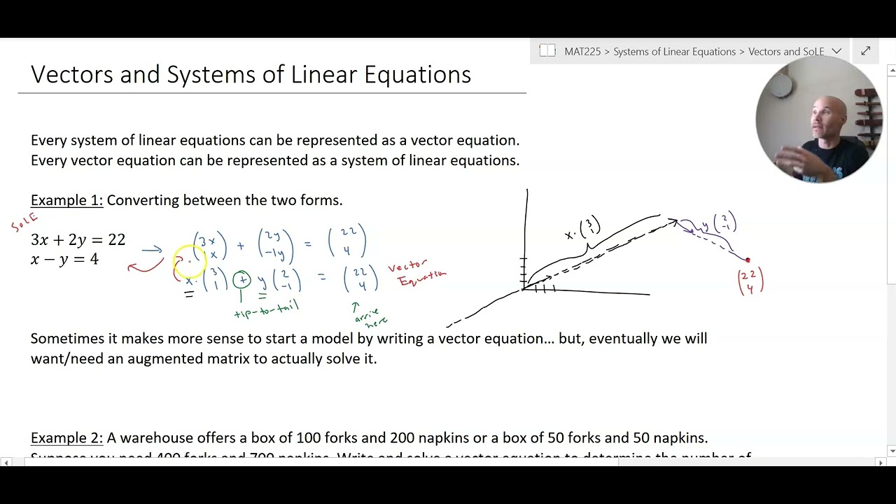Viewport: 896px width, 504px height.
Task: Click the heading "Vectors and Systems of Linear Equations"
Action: (251, 75)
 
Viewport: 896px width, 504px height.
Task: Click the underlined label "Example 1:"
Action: (66, 201)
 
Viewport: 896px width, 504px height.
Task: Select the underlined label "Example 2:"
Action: (66, 438)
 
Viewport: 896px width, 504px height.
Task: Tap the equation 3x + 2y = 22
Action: (78, 240)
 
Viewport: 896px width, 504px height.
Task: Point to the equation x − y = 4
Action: (64, 260)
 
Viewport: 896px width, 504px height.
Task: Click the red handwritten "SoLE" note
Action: (24, 222)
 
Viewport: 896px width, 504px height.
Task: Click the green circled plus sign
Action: (241, 280)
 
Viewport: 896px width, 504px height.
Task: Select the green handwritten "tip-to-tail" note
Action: (267, 309)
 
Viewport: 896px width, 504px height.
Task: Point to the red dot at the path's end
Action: (748, 260)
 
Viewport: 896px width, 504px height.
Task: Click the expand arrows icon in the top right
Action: (865, 51)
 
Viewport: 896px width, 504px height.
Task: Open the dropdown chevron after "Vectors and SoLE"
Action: (836, 52)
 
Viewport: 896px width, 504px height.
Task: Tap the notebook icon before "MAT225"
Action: (547, 51)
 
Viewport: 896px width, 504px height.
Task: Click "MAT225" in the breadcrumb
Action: (582, 52)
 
